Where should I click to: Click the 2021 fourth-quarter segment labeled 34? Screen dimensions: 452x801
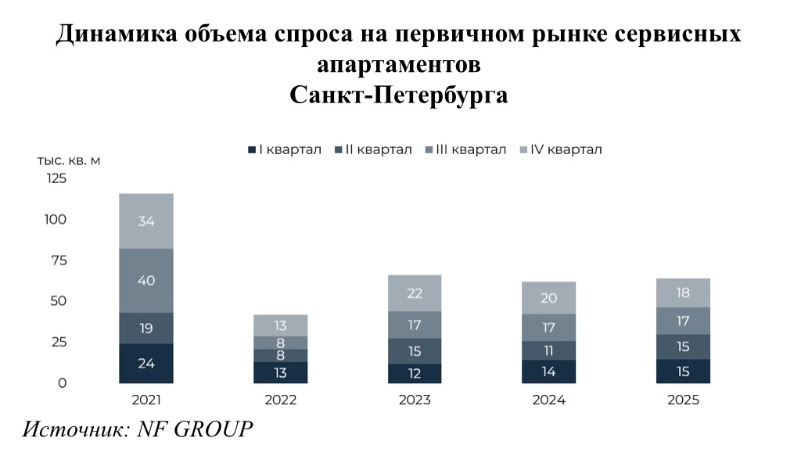146,221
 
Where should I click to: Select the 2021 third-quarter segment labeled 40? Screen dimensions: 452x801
146,280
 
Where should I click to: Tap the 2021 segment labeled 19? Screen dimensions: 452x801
146,328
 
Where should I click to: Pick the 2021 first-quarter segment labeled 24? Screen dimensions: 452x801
146,363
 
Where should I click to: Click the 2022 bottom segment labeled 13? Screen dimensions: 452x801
281,372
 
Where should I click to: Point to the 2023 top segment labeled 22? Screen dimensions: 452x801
415,293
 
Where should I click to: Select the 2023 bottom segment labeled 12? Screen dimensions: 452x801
415,374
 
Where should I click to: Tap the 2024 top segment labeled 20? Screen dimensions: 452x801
549,298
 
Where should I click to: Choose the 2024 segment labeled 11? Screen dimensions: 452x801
549,350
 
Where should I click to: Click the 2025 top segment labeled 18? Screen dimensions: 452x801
684,293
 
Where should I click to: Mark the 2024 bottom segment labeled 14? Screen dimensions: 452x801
549,371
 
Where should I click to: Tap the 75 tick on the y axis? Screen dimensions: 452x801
59,260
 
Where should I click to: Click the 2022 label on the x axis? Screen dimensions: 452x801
281,400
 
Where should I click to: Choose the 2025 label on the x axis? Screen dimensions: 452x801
684,400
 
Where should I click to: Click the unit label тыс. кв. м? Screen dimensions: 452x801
69,160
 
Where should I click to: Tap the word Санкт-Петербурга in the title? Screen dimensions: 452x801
400,95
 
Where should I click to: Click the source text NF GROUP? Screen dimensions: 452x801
196,429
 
